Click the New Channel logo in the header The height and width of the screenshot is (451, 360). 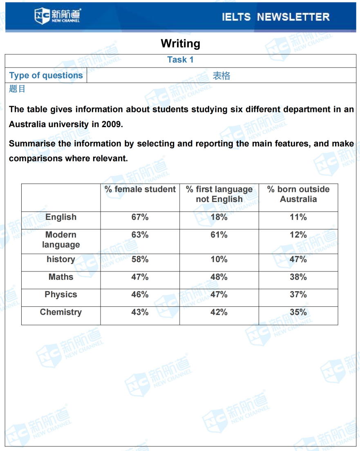point(58,16)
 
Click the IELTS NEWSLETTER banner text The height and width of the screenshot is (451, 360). point(275,17)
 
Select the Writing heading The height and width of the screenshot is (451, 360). point(180,43)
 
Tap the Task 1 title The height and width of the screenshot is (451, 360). point(180,60)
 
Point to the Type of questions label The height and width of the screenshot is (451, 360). point(46,76)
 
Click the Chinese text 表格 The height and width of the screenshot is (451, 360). point(221,76)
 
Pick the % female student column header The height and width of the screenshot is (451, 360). point(140,189)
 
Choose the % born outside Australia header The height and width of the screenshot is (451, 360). point(298,194)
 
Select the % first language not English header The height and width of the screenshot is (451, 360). point(219,194)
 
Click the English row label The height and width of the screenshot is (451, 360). point(61,217)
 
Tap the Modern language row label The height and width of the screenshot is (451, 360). point(61,240)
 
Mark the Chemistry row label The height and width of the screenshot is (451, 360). point(61,312)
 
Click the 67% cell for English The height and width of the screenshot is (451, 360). point(140,217)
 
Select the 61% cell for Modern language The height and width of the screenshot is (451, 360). point(219,235)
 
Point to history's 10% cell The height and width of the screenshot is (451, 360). point(219,259)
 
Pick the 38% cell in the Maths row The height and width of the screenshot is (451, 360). point(298,277)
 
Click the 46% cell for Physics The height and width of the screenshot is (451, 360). point(140,294)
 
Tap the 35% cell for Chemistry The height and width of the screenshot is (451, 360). point(298,312)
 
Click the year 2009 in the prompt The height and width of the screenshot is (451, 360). point(111,124)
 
